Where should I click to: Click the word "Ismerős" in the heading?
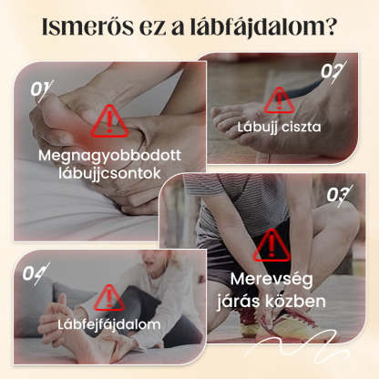tap(87, 27)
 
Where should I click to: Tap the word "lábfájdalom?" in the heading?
tap(263, 28)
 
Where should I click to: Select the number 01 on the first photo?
tap(41, 89)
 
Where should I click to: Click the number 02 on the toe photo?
tap(333, 71)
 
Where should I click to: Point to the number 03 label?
tap(339, 195)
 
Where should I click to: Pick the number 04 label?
tap(36, 273)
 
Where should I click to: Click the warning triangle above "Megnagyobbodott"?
tap(109, 121)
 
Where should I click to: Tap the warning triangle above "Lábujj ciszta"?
tap(279, 100)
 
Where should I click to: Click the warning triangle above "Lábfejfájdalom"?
tap(108, 298)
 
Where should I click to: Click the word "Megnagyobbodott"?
tap(109, 156)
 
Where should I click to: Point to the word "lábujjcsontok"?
tap(109, 174)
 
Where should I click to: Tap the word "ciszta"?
tap(301, 127)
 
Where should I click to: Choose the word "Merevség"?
tap(271, 280)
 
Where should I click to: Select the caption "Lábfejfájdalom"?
tap(109, 325)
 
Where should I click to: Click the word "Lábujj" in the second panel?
tap(258, 128)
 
